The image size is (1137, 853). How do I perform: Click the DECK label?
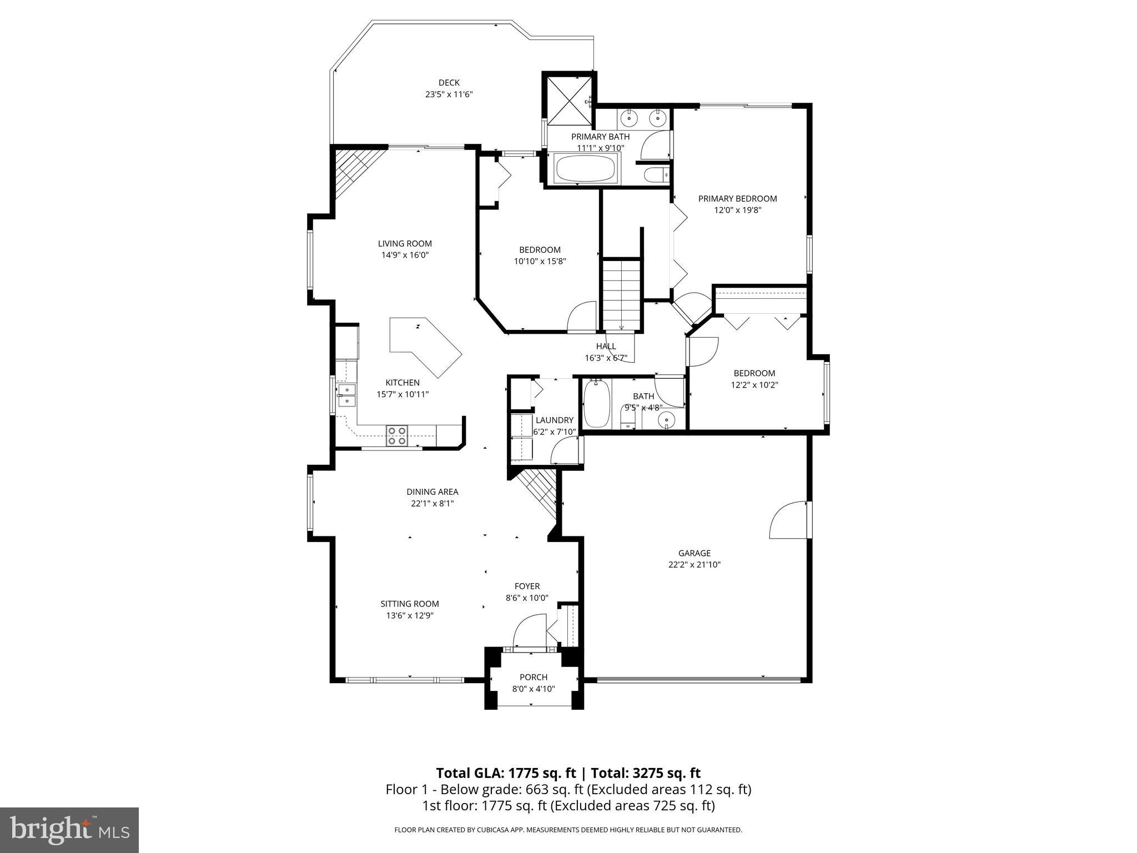coord(449,83)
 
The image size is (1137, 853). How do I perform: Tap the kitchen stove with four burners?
coord(396,436)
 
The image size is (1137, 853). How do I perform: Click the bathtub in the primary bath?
coord(586,168)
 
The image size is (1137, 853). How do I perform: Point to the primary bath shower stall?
coord(569,101)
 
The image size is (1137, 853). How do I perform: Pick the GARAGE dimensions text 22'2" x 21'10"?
coord(694,565)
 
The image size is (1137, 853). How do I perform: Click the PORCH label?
coord(533,677)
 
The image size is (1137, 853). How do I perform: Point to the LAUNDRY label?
coord(554,420)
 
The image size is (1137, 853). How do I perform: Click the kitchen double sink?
coord(346,395)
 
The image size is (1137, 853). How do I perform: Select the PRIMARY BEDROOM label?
coord(737,198)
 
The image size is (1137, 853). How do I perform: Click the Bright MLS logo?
coord(69,830)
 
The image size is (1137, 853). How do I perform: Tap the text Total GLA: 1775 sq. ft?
coord(507,773)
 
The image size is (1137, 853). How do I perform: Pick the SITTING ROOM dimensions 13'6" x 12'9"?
coord(410,615)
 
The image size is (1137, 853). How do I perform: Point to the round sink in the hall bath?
coord(667,419)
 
